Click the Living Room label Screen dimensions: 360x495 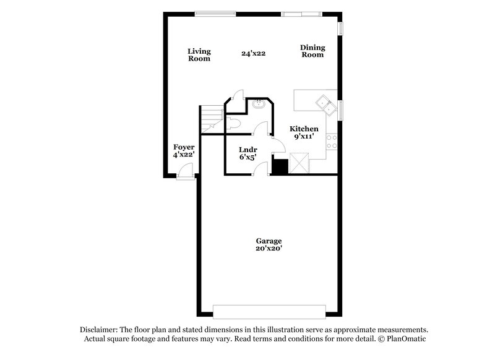click(x=199, y=54)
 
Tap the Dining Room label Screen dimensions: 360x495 click(x=312, y=51)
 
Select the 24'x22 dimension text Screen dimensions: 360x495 click(x=254, y=54)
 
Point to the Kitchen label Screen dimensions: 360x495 click(x=304, y=128)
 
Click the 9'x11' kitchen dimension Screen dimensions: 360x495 click(x=304, y=136)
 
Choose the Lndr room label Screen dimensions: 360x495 click(x=248, y=149)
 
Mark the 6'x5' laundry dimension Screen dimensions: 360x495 click(x=247, y=157)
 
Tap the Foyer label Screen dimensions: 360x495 click(x=184, y=147)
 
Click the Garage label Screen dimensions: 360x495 click(x=269, y=241)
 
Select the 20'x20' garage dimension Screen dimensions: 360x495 click(x=269, y=249)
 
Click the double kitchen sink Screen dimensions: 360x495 click(x=325, y=102)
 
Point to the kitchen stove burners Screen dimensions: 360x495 click(x=334, y=141)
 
